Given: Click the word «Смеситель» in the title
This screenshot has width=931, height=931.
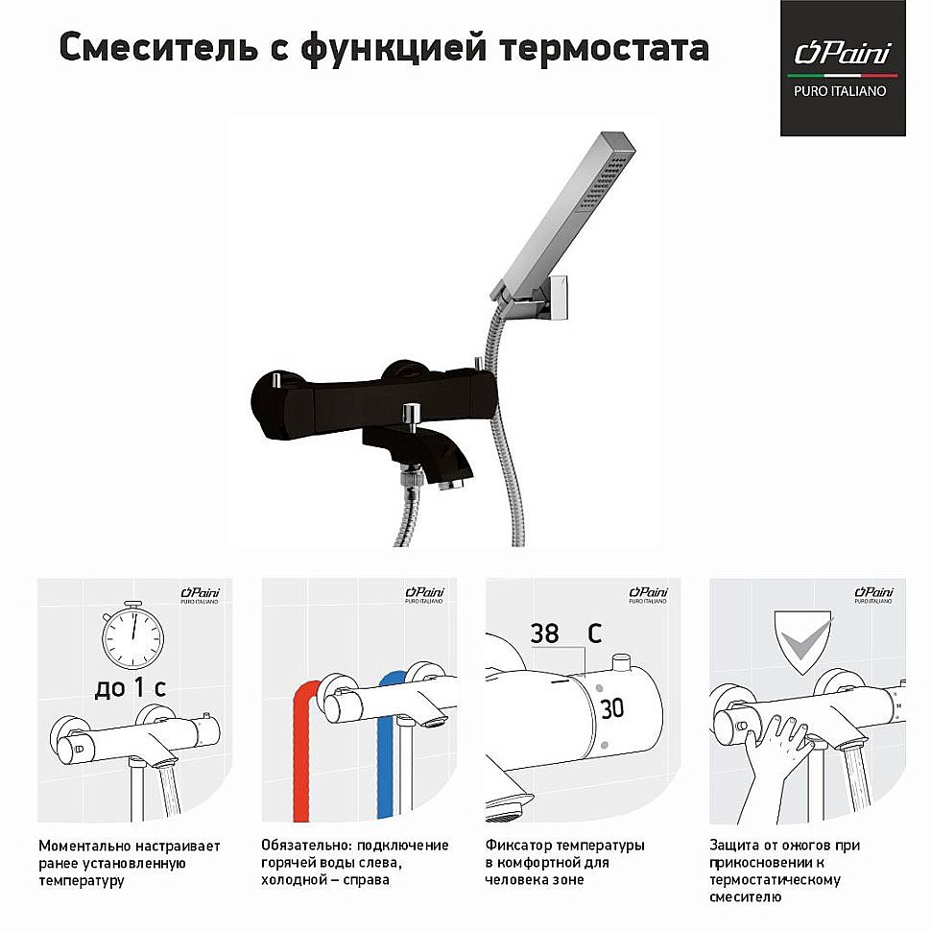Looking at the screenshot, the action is pos(158,47).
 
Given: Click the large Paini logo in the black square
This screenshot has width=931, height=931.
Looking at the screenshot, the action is pos(843,53).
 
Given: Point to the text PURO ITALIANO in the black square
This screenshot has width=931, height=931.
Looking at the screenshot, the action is pos(840,91).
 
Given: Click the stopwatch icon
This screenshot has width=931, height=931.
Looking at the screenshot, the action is pos(132,635).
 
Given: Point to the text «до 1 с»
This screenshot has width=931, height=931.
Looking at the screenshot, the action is pos(130,687).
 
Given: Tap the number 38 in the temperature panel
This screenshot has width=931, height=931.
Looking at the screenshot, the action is pos(544,633).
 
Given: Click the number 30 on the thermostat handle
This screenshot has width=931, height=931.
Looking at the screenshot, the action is pos(611,708).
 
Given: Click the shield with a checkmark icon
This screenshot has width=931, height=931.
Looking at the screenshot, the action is pos(803,642).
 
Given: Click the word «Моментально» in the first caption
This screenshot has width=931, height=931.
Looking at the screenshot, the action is pos(84,846).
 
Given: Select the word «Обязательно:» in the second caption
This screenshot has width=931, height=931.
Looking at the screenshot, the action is pos(306,846).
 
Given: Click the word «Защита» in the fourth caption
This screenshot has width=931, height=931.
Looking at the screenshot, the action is pos(734,845).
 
